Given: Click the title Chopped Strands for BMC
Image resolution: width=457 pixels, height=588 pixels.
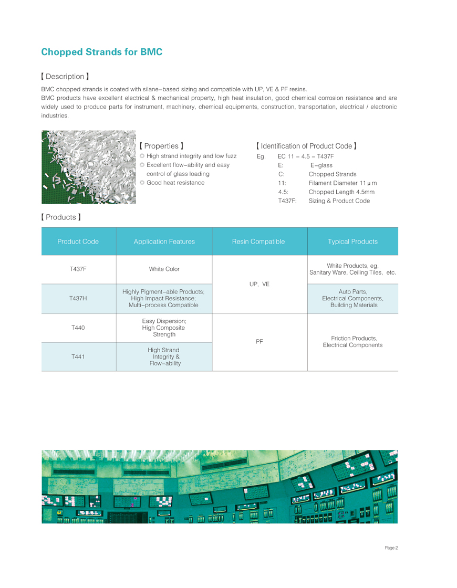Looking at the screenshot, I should click(x=101, y=52).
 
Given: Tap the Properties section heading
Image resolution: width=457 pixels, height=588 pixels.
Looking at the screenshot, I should click(x=161, y=145).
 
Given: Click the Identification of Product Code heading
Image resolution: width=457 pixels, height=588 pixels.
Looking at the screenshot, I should click(x=307, y=145).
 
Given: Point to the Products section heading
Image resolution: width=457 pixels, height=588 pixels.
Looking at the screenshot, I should click(x=61, y=217).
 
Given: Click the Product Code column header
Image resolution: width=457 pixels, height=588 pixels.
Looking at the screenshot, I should click(x=78, y=241).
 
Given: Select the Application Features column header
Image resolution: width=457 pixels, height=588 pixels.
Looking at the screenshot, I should click(x=164, y=241).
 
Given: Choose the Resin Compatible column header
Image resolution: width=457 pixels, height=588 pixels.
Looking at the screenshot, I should click(x=258, y=241).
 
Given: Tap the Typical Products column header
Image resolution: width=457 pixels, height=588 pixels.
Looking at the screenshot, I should click(x=352, y=241).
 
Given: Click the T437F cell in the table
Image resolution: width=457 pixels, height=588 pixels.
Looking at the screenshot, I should click(x=78, y=269).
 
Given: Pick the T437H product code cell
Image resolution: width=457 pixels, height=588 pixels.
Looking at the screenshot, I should click(x=78, y=298).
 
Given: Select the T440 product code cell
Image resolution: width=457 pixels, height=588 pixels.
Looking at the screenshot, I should click(x=78, y=328).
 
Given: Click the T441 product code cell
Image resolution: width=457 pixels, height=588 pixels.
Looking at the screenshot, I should click(x=78, y=356).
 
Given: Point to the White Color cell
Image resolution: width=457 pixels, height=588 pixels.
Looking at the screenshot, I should click(x=164, y=269).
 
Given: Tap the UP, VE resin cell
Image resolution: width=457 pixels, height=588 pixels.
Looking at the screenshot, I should click(x=258, y=284).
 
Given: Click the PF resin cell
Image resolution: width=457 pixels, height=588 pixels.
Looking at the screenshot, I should click(x=259, y=342).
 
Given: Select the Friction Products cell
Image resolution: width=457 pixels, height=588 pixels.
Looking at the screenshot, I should click(x=352, y=342).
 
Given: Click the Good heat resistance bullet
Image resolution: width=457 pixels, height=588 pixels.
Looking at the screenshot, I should click(x=175, y=183).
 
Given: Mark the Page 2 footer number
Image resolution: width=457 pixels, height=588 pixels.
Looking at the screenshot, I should click(x=391, y=548).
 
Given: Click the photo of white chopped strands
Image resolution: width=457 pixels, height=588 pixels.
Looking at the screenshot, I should click(x=89, y=167).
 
